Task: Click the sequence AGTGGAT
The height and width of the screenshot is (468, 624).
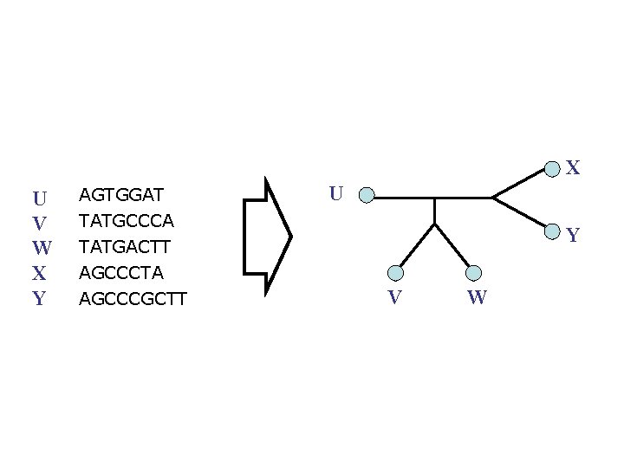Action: click(x=121, y=192)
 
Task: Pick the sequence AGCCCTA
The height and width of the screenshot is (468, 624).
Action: click(x=120, y=273)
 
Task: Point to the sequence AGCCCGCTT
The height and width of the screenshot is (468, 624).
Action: click(x=133, y=300)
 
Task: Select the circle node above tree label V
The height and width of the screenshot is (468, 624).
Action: click(x=395, y=273)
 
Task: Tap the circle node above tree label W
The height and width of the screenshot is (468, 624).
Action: click(x=473, y=273)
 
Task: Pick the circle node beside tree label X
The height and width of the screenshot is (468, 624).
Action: click(x=552, y=165)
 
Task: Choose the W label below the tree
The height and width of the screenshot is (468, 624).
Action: click(x=477, y=299)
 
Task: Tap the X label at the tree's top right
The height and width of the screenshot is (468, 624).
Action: click(x=573, y=168)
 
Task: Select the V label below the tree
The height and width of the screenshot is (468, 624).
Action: click(x=394, y=298)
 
